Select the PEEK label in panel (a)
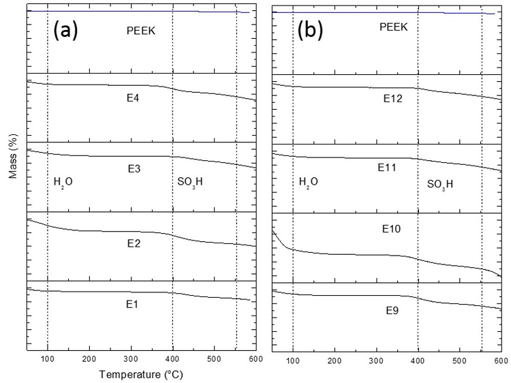[141, 30]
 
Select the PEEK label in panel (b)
[393, 27]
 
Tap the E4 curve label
[134, 98]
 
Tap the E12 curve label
[392, 99]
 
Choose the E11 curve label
[388, 167]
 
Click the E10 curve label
[391, 230]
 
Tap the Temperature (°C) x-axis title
[140, 374]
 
